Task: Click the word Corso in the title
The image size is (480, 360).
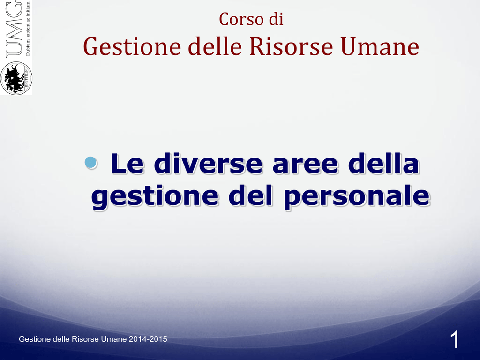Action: click(x=241, y=19)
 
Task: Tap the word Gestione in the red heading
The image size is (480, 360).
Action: click(x=132, y=47)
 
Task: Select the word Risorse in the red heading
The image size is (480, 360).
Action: click(x=291, y=46)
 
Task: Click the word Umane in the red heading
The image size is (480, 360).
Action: click(x=380, y=46)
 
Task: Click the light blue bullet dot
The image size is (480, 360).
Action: click(x=90, y=163)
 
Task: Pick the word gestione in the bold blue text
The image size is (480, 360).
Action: click(x=155, y=197)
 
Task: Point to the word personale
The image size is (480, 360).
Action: click(x=357, y=197)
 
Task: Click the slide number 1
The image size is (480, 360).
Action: click(x=455, y=339)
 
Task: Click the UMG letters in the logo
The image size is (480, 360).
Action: click(x=14, y=29)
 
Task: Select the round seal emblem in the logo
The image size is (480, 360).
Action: click(x=16, y=78)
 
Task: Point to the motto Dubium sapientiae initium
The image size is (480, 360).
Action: click(x=28, y=29)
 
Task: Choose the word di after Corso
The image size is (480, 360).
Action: click(x=277, y=19)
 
